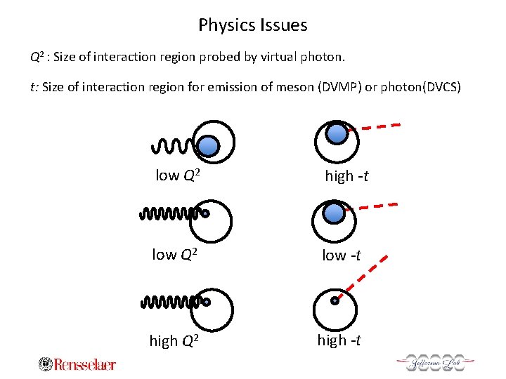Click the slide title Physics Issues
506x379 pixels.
pos(253,25)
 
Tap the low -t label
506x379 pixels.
pos(342,255)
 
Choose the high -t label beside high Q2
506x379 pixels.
pos(339,340)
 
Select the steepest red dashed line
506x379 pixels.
pos(362,277)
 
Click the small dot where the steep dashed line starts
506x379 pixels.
pos(335,301)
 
